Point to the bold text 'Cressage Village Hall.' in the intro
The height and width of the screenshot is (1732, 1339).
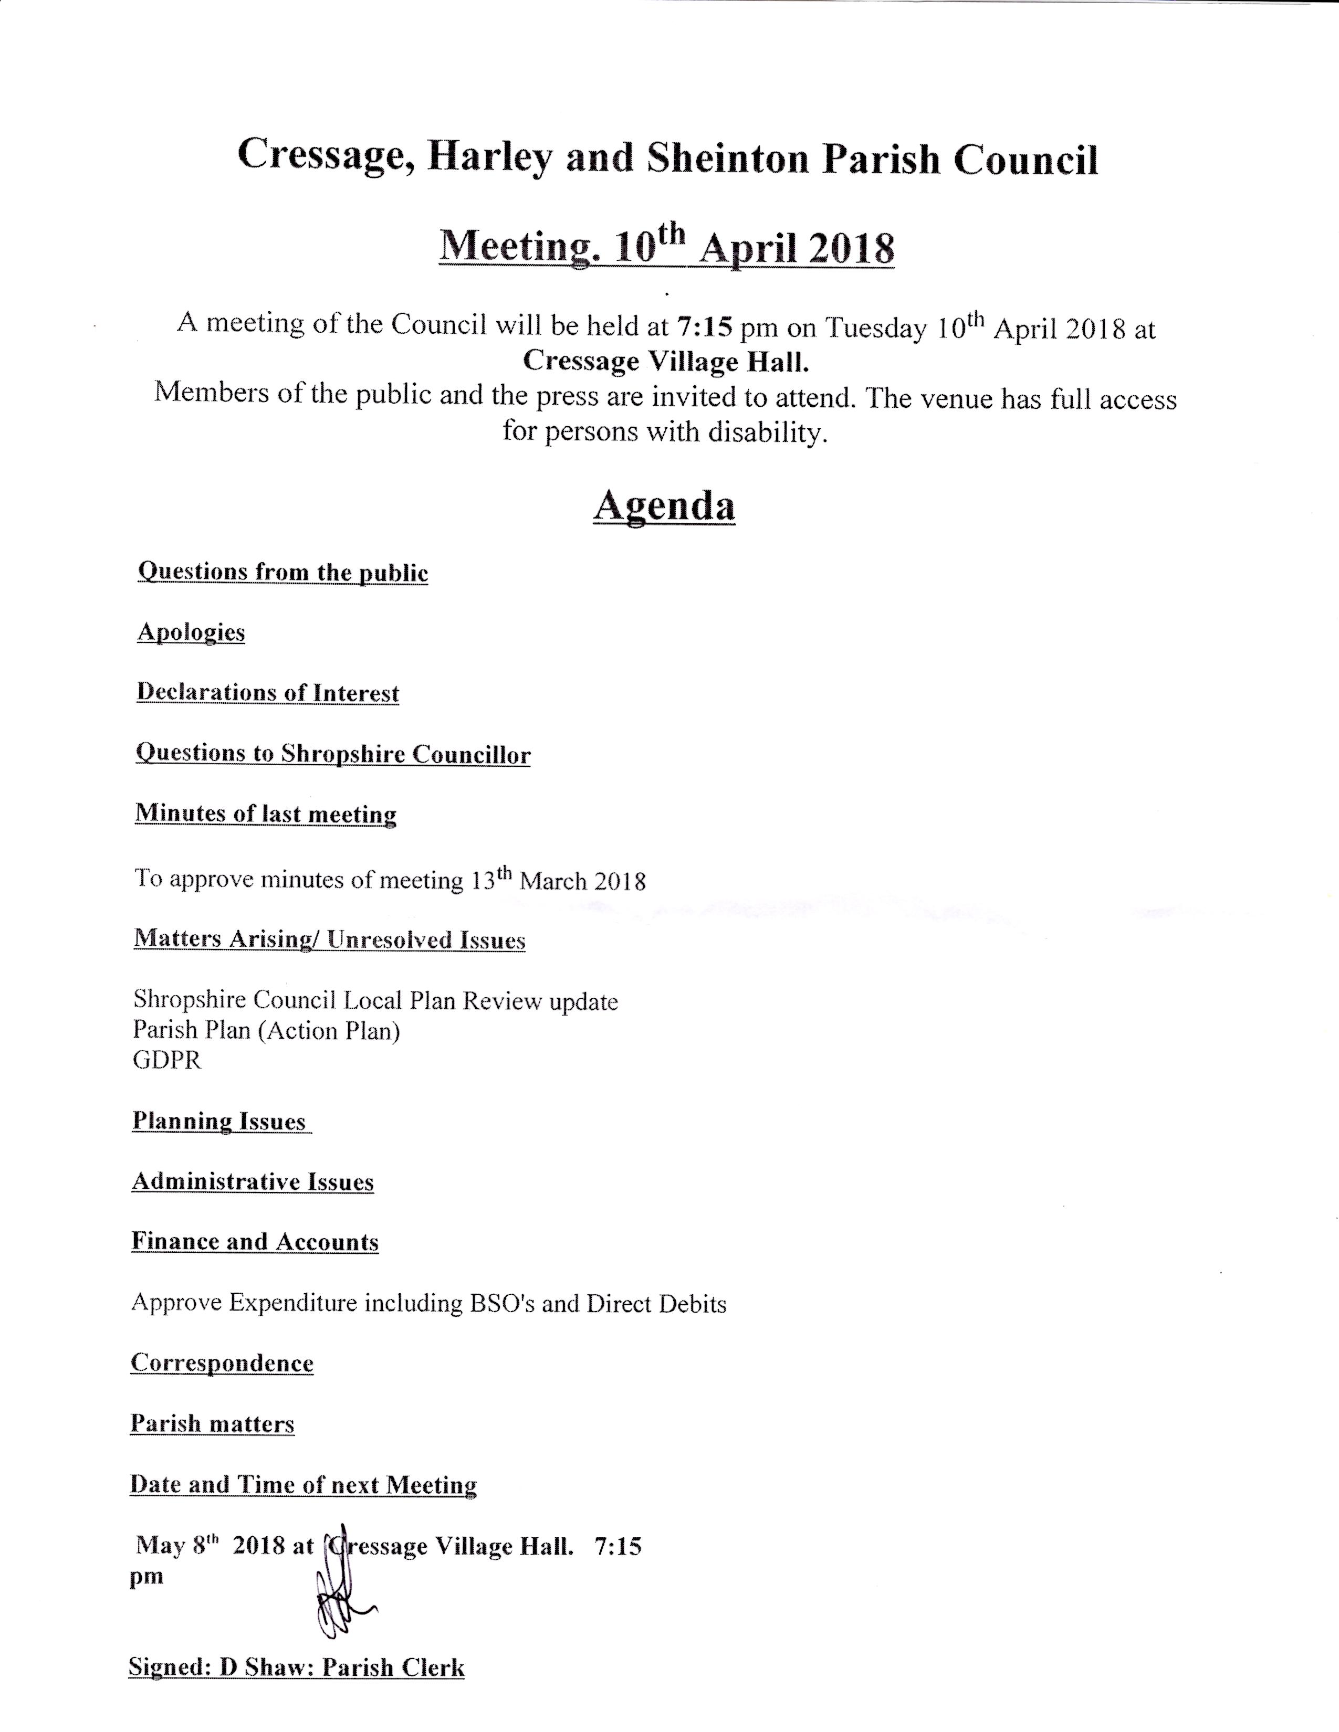pyautogui.click(x=666, y=362)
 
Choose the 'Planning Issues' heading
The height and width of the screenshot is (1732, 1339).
pyautogui.click(x=219, y=1122)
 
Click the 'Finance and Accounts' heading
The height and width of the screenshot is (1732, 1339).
pyautogui.click(x=255, y=1242)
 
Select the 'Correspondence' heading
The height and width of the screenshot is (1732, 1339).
pyautogui.click(x=222, y=1363)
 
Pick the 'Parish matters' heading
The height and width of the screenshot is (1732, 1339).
pyautogui.click(x=212, y=1424)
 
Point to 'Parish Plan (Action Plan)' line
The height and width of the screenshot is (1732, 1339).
pyautogui.click(x=267, y=1030)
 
